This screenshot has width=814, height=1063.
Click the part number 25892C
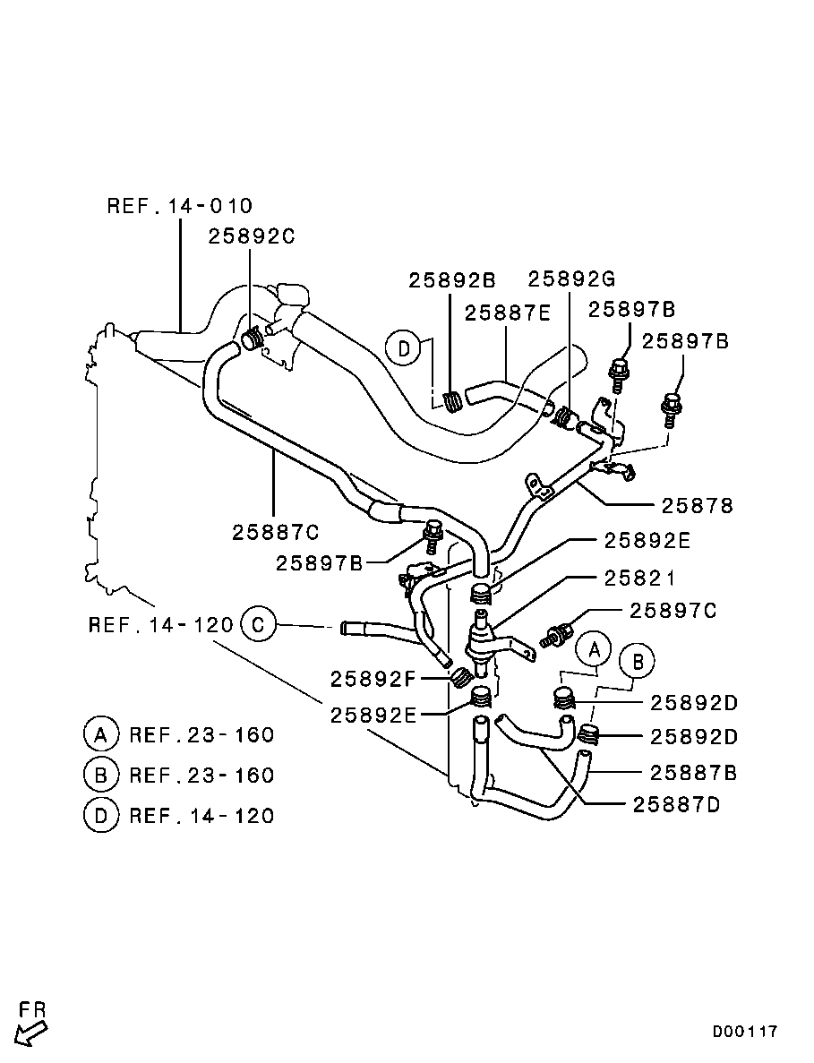click(252, 236)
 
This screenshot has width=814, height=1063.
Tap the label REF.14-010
click(180, 205)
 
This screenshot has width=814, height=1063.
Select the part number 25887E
click(508, 313)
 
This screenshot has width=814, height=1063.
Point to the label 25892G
click(571, 279)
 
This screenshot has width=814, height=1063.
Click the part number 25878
click(698, 506)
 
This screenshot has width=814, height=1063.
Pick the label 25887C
click(275, 532)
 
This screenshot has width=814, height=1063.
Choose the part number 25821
click(639, 579)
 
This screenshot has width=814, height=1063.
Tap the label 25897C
click(673, 611)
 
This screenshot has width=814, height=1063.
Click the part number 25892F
click(373, 679)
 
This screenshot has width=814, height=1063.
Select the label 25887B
click(693, 773)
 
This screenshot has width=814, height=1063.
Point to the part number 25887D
click(676, 805)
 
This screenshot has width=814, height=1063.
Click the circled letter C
click(258, 623)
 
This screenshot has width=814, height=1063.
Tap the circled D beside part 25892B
click(404, 349)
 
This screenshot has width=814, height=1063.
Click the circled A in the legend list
click(101, 734)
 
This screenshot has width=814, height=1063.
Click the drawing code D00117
click(744, 1032)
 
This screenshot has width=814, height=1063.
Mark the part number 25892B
click(452, 280)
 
